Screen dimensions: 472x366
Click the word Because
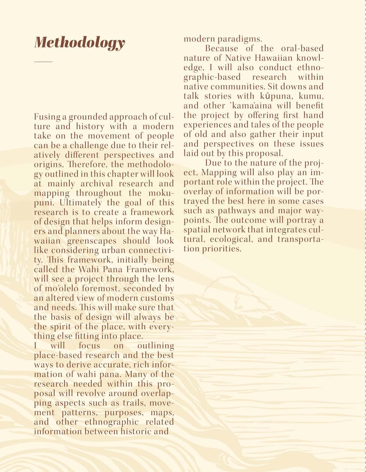221,48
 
